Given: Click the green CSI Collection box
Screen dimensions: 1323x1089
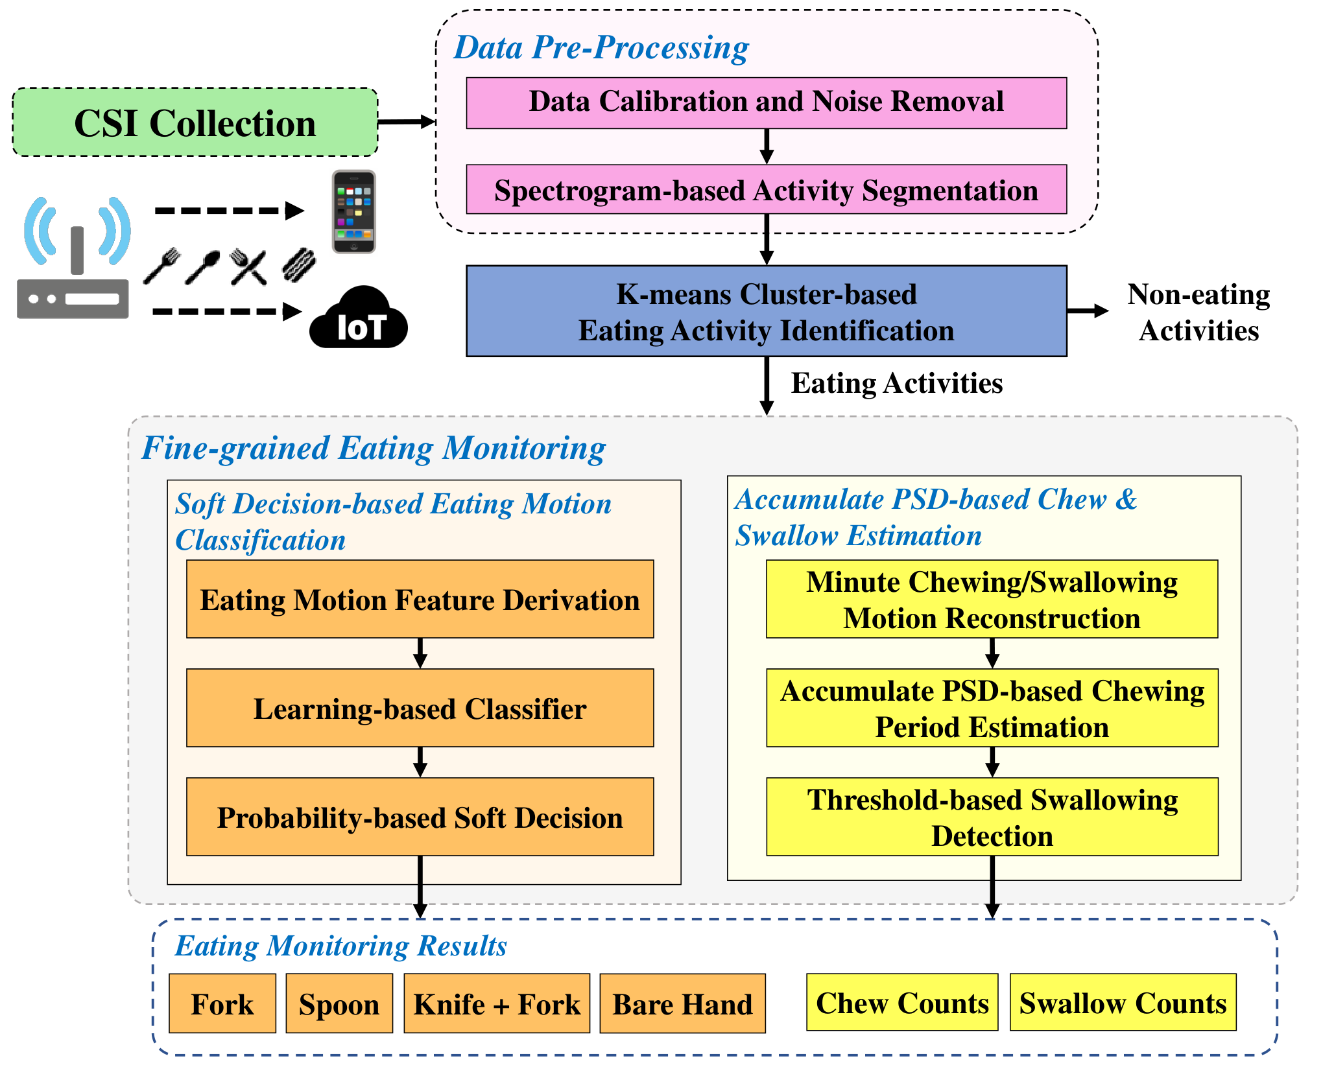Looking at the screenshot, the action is click(x=195, y=122).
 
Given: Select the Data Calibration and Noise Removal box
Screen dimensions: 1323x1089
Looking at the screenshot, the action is click(x=766, y=103).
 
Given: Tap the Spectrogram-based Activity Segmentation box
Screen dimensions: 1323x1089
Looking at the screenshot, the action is click(x=766, y=189).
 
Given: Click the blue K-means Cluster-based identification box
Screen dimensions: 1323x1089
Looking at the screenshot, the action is click(x=766, y=311).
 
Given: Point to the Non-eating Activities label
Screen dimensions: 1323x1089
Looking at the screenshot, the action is click(x=1198, y=312).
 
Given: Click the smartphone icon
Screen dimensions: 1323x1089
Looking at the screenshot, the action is click(x=353, y=211).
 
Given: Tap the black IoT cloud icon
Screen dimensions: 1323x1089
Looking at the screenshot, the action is click(x=359, y=317).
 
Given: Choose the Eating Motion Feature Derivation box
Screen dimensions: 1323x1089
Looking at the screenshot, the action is click(x=420, y=599).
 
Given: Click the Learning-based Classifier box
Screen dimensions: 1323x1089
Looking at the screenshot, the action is click(x=420, y=708).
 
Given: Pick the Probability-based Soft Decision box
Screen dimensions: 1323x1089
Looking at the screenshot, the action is click(x=420, y=817).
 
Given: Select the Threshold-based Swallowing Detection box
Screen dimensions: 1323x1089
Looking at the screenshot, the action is click(x=992, y=817).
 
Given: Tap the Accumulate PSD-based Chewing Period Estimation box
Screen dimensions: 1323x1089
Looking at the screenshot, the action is click(x=992, y=708).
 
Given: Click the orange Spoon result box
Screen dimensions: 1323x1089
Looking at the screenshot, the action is click(x=339, y=1003).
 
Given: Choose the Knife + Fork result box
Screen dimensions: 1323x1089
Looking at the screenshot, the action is click(x=497, y=1003).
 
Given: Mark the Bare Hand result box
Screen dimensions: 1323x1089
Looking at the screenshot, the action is click(x=682, y=1003).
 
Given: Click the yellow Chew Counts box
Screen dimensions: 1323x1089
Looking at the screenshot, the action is click(x=902, y=1001).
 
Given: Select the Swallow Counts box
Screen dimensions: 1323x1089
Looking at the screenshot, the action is click(x=1123, y=1001).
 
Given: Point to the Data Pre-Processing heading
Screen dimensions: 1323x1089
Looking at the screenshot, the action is click(x=601, y=48).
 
